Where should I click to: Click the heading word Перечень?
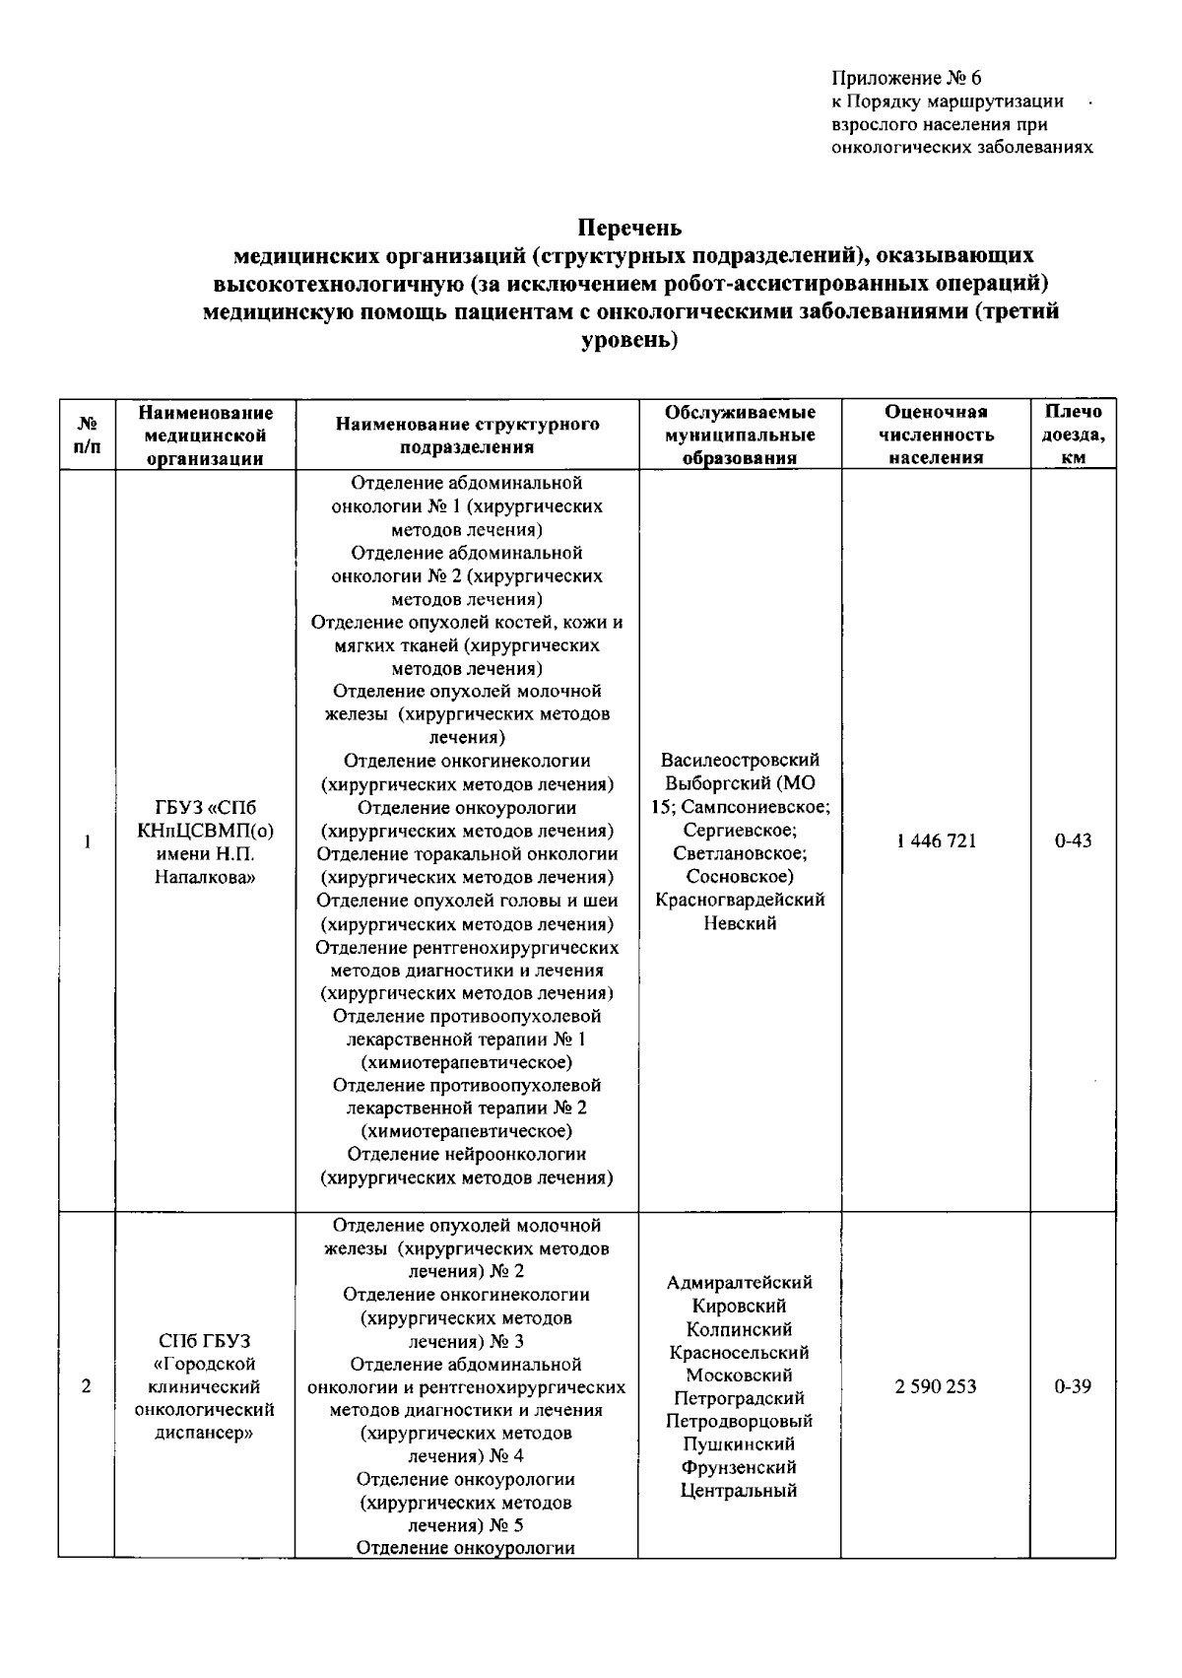click(628, 228)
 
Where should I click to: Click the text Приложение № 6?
click(906, 78)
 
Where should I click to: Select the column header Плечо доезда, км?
click(1073, 435)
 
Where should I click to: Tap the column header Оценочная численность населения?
click(936, 435)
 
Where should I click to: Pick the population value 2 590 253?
click(936, 1386)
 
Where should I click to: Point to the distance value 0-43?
click(1073, 840)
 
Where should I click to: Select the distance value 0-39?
click(1073, 1386)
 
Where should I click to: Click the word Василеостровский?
click(740, 760)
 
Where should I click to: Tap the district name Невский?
click(740, 923)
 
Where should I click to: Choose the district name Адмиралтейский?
click(740, 1282)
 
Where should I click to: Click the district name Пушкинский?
click(740, 1443)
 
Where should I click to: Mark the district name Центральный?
click(740, 1490)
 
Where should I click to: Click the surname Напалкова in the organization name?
click(205, 877)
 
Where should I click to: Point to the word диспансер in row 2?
click(205, 1433)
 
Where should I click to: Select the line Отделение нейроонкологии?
click(467, 1154)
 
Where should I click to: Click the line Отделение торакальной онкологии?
click(467, 853)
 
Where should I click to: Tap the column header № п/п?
click(87, 435)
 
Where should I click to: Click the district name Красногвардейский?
click(740, 900)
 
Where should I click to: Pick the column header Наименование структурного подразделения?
click(467, 435)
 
